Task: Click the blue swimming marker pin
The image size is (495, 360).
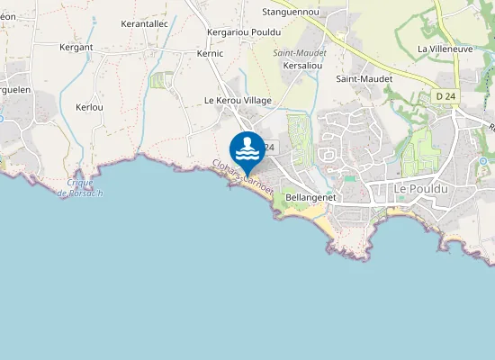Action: [x=247, y=150]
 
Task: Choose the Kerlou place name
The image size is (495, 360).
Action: [x=90, y=107]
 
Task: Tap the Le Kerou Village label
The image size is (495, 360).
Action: [x=238, y=100]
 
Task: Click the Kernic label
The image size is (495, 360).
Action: [x=209, y=54]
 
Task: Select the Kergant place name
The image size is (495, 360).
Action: [x=76, y=46]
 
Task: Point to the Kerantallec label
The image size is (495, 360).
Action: [x=145, y=23]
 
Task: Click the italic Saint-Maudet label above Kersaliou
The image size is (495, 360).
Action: [x=300, y=52]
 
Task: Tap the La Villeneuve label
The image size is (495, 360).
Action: [x=446, y=49]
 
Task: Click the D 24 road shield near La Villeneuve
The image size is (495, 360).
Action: [x=445, y=96]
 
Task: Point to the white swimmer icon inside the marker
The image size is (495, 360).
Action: [x=247, y=146]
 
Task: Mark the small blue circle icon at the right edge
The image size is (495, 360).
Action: [x=483, y=161]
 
